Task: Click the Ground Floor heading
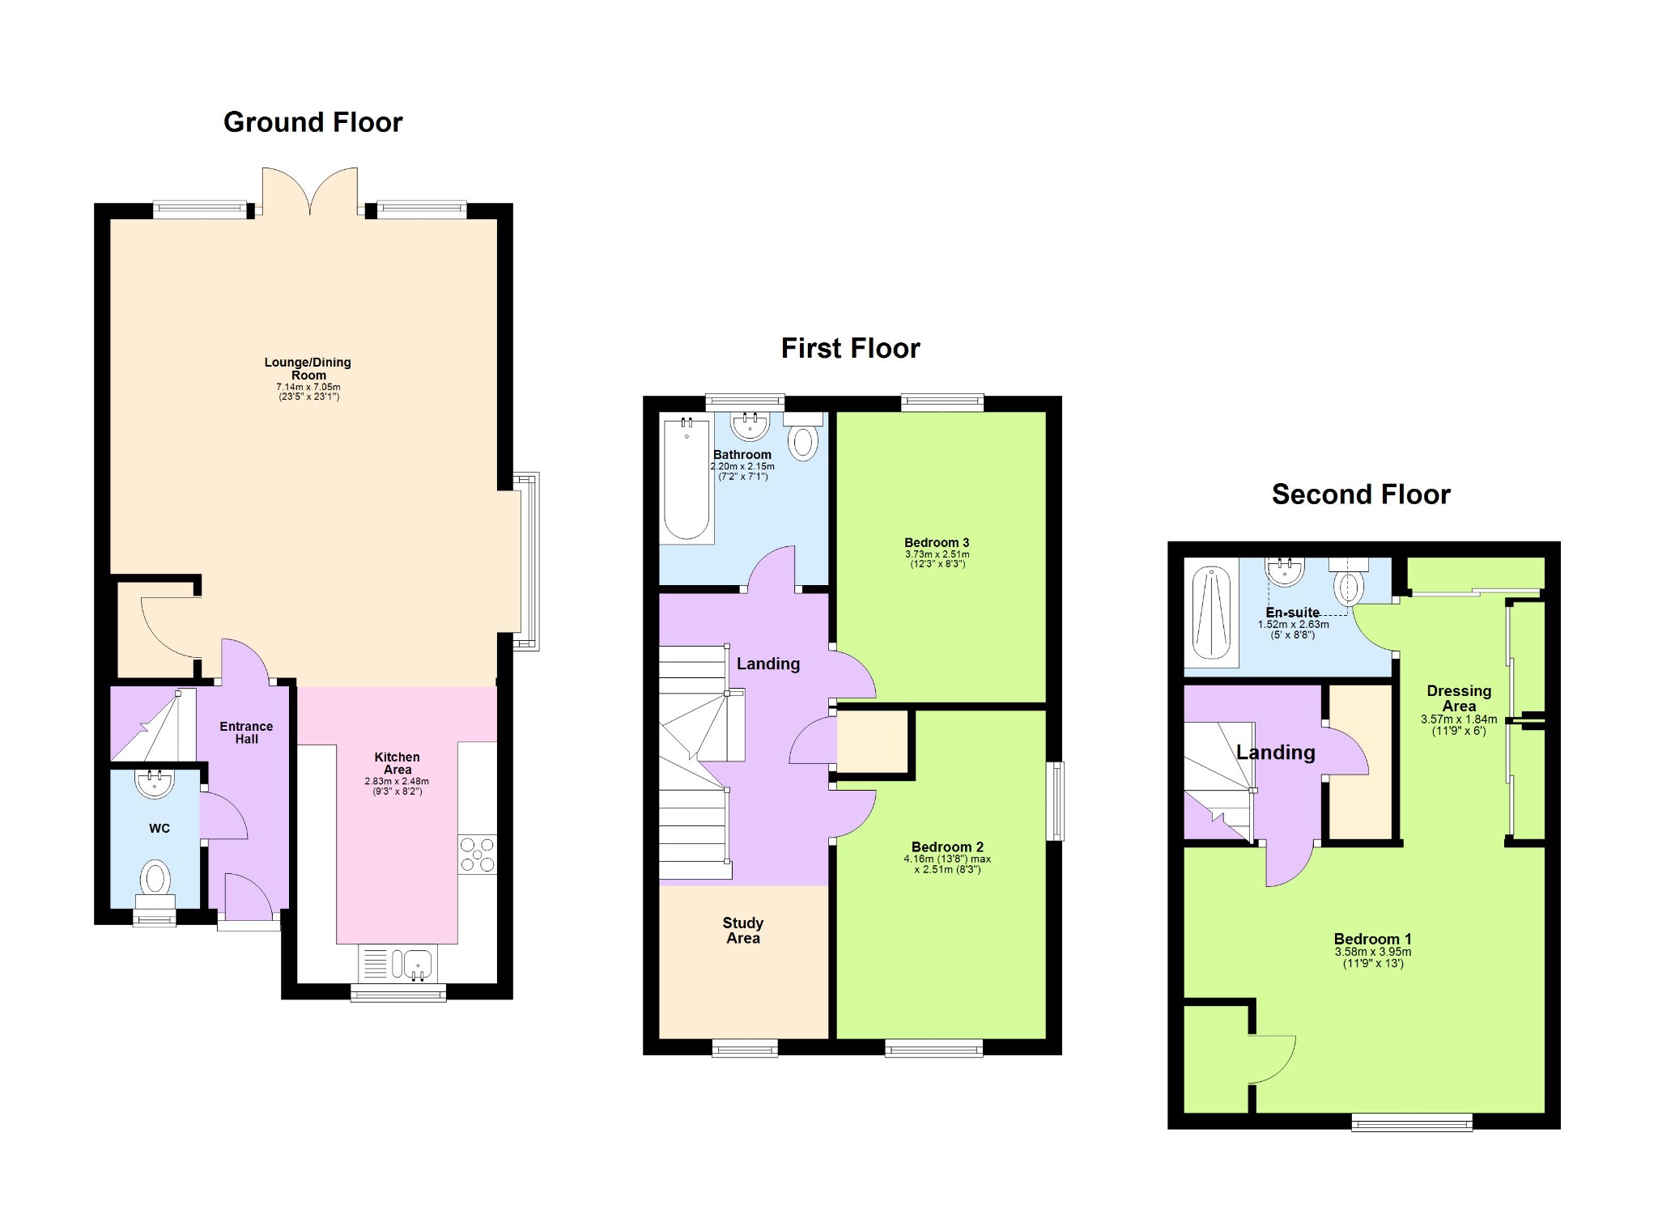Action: pos(312,122)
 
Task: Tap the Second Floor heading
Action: pos(1361,494)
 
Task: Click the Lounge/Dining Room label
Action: pos(308,368)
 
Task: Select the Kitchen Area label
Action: pos(397,763)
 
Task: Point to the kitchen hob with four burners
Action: pos(478,855)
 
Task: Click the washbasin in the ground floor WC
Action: pos(155,783)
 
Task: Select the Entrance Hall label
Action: pos(246,732)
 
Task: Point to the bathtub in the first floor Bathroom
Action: pos(687,479)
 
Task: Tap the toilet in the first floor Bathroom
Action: pos(803,437)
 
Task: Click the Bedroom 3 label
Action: pos(937,543)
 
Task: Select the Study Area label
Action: pos(743,931)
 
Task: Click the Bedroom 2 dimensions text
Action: pos(947,864)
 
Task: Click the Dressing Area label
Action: pos(1459,698)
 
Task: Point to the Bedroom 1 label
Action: pos(1372,939)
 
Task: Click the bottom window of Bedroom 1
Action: pos(1412,1121)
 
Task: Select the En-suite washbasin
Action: pos(1285,571)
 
